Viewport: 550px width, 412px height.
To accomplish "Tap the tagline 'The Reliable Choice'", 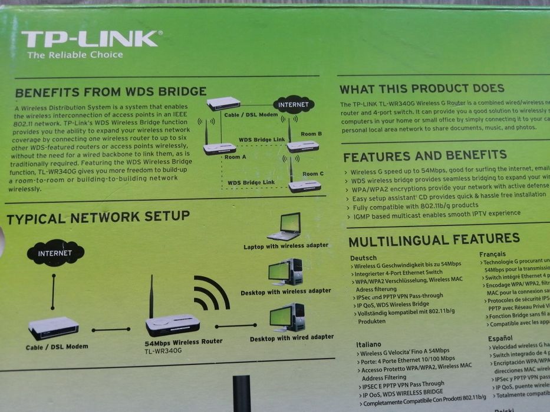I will click(75, 55).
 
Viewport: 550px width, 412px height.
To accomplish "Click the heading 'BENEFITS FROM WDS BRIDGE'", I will click(111, 92).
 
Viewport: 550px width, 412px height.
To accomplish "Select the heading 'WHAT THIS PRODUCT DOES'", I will click(421, 89).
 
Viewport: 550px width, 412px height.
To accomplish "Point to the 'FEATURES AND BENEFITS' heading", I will click(424, 156).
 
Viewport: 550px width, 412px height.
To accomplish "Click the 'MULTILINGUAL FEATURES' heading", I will click(434, 239).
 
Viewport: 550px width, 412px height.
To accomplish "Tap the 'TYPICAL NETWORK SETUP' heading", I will click(98, 217).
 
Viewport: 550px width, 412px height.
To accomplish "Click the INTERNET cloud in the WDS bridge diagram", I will click(294, 105).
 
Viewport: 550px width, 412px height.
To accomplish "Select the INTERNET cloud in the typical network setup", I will click(55, 253).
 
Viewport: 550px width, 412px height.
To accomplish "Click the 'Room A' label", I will click(235, 157).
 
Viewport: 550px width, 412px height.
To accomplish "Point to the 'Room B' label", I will click(311, 134).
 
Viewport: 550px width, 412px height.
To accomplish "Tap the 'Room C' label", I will click(313, 174).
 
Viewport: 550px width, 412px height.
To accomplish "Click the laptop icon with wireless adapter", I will click(285, 226).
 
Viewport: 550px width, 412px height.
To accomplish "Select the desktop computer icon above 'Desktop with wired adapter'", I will click(288, 317).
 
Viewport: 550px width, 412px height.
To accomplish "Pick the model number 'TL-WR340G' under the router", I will click(163, 351).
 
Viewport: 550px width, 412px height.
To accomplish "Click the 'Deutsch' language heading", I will click(363, 258).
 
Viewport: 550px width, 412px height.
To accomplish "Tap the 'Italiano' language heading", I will click(368, 344).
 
